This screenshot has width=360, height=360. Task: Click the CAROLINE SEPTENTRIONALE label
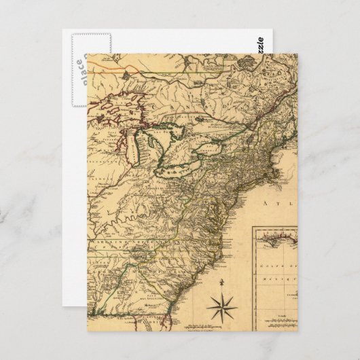(129, 240)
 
